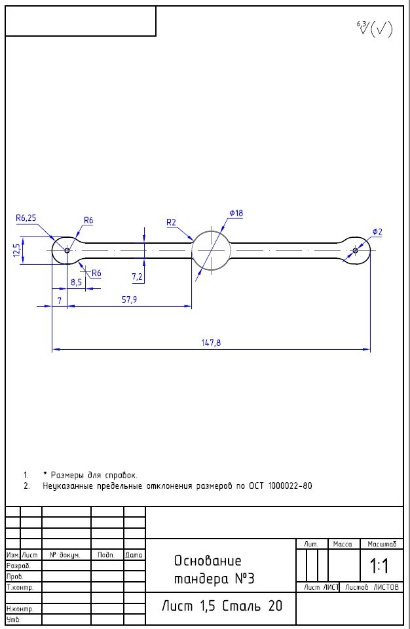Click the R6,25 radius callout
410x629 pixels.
(26, 218)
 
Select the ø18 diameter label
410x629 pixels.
(236, 214)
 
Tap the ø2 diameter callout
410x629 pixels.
(377, 232)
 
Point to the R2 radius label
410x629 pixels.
(171, 223)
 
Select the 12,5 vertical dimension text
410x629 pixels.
(16, 250)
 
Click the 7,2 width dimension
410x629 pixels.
(138, 277)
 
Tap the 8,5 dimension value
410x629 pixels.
(76, 282)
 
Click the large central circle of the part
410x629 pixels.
(211, 250)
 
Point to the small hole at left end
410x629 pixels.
(67, 250)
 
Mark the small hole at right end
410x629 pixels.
(355, 250)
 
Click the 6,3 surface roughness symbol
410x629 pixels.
(374, 29)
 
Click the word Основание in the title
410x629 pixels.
(208, 561)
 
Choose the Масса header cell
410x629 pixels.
(343, 544)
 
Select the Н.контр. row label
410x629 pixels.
(15, 609)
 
